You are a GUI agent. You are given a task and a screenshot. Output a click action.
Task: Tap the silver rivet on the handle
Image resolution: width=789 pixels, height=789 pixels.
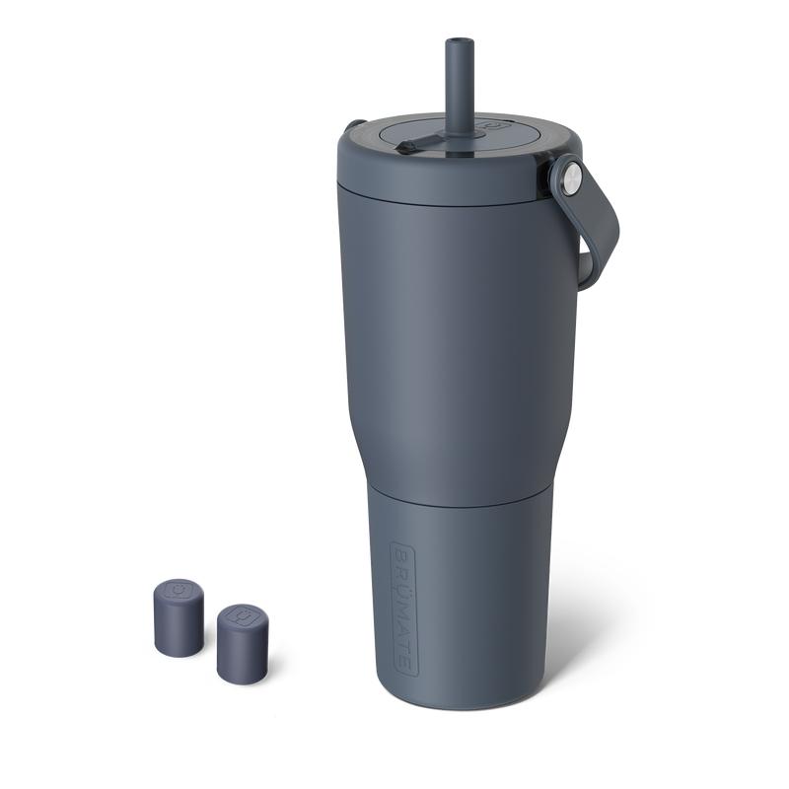click(x=571, y=178)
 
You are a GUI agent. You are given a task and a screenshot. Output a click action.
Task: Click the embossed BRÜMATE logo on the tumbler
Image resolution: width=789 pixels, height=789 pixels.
click(x=403, y=608)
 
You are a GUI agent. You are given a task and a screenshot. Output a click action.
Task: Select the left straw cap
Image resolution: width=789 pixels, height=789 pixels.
click(x=179, y=615)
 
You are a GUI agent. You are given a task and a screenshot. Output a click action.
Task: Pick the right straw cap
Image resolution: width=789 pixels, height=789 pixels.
click(x=241, y=641)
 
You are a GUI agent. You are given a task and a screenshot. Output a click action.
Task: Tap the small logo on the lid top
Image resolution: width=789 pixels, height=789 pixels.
click(x=491, y=127)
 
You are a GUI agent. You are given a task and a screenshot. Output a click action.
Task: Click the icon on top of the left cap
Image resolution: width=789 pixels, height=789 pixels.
click(x=179, y=590)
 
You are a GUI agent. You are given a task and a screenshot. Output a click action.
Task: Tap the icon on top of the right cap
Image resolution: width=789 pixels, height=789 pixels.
click(x=242, y=614)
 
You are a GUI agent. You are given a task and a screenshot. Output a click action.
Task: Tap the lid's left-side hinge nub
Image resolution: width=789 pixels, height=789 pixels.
click(x=355, y=125)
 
